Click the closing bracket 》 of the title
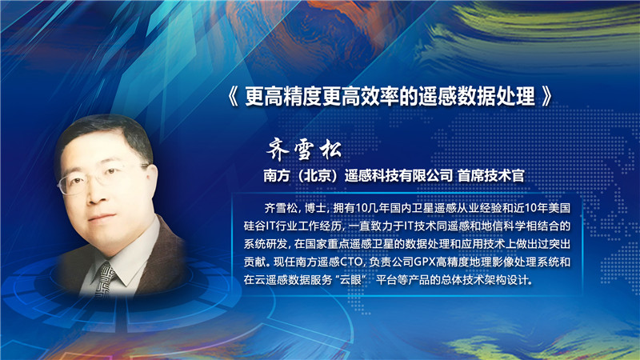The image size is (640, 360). point(546,98)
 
